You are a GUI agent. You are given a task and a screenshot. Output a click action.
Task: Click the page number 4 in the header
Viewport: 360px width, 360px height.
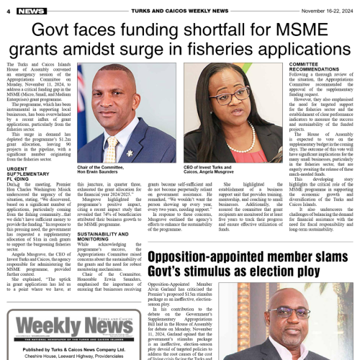tap(7, 11)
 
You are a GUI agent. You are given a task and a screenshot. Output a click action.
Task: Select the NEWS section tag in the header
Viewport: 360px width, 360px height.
tap(32, 11)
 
